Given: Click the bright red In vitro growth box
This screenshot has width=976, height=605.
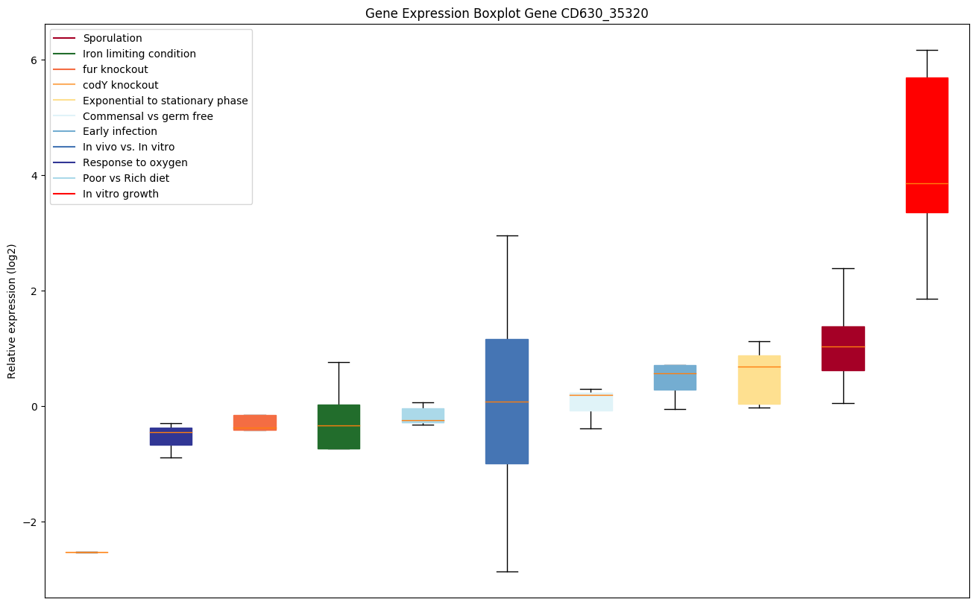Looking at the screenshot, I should pyautogui.click(x=927, y=145).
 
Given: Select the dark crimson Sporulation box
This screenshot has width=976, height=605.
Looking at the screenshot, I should pyautogui.click(x=843, y=348).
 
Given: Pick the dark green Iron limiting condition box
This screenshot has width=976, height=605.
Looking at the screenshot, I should pyautogui.click(x=339, y=426).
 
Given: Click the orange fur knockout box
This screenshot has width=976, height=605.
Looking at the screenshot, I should pyautogui.click(x=255, y=422).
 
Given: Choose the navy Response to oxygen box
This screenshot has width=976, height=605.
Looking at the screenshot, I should pyautogui.click(x=171, y=436).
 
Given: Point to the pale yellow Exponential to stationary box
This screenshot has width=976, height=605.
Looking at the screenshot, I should pyautogui.click(x=759, y=379).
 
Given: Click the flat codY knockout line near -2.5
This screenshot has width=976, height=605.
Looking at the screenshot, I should pyautogui.click(x=86, y=552).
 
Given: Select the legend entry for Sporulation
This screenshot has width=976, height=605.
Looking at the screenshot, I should pyautogui.click(x=113, y=38).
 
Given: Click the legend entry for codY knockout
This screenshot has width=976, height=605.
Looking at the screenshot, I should pyautogui.click(x=120, y=85).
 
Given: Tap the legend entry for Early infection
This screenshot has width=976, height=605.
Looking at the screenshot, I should pyautogui.click(x=120, y=131).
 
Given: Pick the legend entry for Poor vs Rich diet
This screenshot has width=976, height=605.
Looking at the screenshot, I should pyautogui.click(x=126, y=178).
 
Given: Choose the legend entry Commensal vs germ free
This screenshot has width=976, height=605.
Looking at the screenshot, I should pyautogui.click(x=148, y=116).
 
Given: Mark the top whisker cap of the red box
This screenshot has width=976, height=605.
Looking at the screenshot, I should pyautogui.click(x=927, y=50).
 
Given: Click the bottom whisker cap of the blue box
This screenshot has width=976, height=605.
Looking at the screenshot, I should pyautogui.click(x=507, y=571).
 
